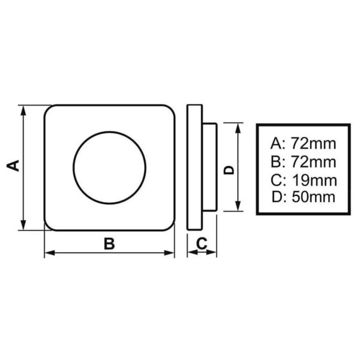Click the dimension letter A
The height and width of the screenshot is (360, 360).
coord(17,166)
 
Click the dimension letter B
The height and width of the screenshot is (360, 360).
coord(109,243)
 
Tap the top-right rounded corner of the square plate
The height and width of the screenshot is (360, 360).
coord(170,111)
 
